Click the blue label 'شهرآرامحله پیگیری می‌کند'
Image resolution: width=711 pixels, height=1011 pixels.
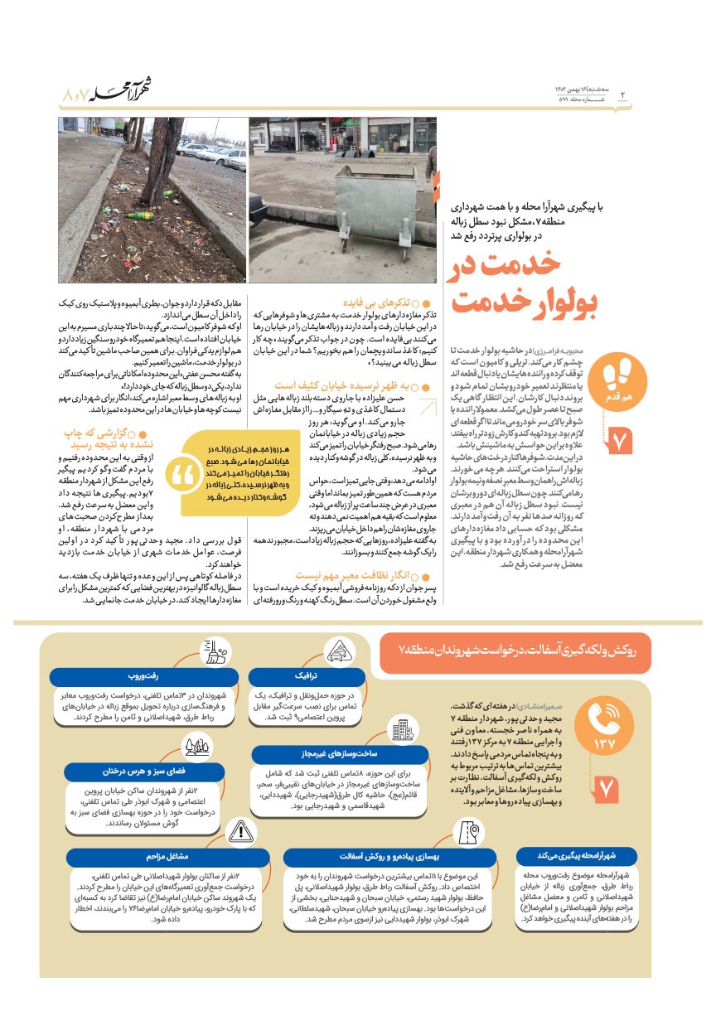tap(577, 856)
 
